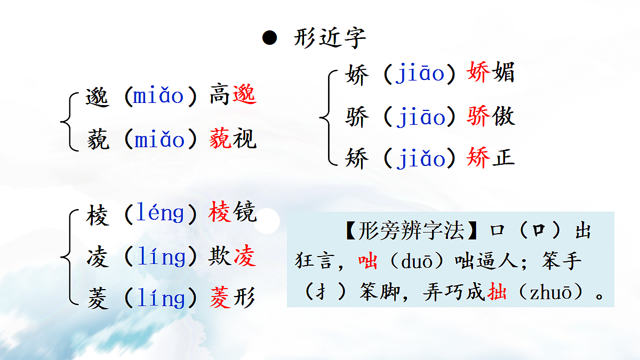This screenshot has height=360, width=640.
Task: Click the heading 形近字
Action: click(x=330, y=38)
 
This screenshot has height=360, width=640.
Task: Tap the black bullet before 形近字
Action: click(x=270, y=38)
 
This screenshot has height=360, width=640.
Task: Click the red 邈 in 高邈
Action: click(x=244, y=96)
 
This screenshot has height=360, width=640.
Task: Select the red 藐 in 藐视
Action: click(x=220, y=140)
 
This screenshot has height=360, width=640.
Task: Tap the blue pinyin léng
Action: click(x=160, y=214)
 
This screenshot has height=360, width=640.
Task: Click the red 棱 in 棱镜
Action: click(x=220, y=213)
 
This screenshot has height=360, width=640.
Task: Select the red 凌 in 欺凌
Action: click(x=244, y=257)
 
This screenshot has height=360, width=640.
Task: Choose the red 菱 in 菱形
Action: click(x=220, y=298)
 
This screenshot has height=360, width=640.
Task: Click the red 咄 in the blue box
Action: click(x=367, y=261)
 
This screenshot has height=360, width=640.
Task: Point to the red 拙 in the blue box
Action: click(x=497, y=293)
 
